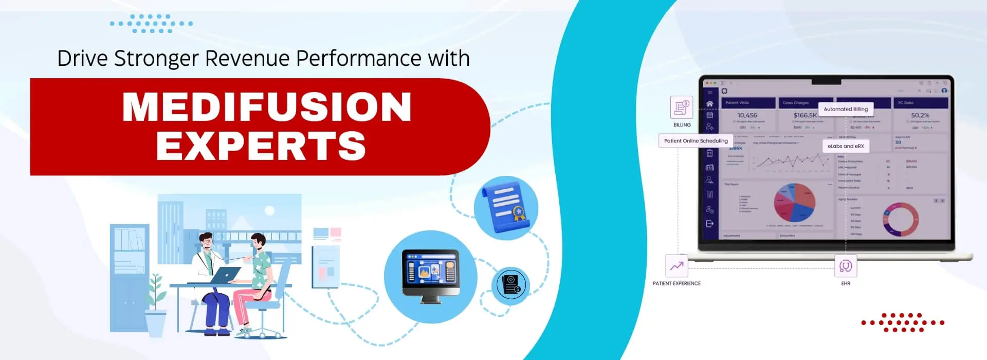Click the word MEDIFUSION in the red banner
(267, 107)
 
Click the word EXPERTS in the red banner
(261, 146)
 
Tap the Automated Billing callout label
(845, 109)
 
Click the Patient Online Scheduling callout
(696, 140)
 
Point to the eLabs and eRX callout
(845, 146)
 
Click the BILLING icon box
(682, 107)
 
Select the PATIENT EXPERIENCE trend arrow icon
(677, 266)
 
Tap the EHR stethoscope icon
(845, 266)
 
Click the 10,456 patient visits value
(747, 115)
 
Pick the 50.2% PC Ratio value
(920, 115)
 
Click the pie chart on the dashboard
(794, 203)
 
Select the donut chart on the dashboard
(901, 219)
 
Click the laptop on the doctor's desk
(225, 275)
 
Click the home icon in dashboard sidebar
(710, 104)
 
